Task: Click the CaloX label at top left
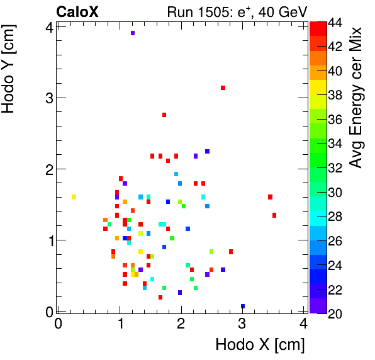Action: point(77,11)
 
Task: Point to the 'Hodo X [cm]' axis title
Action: point(260,345)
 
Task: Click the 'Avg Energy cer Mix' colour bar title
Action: point(356,97)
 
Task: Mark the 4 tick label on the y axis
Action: point(48,26)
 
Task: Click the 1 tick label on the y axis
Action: point(48,240)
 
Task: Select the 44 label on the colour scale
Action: point(336,23)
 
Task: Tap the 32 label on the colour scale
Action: point(336,168)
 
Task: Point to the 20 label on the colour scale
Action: point(336,313)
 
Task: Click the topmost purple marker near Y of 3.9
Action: point(133,33)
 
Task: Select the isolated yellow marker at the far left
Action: point(74,197)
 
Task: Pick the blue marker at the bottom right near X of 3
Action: point(243,307)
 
